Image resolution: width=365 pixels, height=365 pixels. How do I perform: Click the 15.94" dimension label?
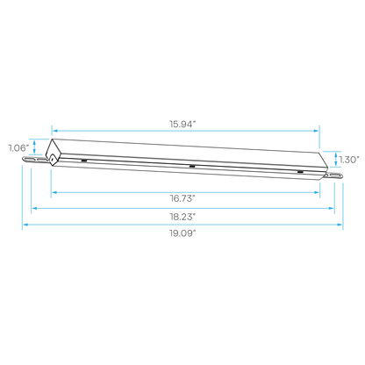182,124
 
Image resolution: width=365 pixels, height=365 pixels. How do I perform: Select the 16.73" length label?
182,198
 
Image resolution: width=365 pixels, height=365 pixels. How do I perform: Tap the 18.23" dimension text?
182,217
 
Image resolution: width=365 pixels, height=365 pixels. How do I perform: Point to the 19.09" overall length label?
182,233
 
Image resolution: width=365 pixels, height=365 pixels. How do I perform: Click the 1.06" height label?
19,148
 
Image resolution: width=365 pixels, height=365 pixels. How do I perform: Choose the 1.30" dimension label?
349,160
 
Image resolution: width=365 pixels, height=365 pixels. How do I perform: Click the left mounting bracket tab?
35,159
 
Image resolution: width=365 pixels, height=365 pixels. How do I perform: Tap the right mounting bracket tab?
333,175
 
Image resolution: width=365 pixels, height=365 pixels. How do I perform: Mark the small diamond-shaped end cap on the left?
52,159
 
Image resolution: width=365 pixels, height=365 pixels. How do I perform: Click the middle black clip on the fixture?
192,167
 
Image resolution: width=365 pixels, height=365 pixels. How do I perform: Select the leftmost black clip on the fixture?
83,161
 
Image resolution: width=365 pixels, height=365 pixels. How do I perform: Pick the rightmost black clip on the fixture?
300,172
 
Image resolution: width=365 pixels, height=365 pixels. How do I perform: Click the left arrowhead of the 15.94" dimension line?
54,131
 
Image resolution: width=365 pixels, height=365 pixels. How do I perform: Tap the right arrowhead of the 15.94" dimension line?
316,131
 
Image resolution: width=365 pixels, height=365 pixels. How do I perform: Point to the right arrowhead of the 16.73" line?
317,192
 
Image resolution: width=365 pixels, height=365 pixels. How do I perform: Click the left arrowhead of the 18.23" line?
34,208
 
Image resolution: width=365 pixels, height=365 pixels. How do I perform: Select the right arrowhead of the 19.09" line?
340,225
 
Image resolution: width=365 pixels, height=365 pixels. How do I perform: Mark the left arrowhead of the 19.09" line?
25,225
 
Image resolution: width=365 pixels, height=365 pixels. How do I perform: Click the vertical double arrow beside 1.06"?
34,147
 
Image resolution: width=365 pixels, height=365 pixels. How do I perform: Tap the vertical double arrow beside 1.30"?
336,159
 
